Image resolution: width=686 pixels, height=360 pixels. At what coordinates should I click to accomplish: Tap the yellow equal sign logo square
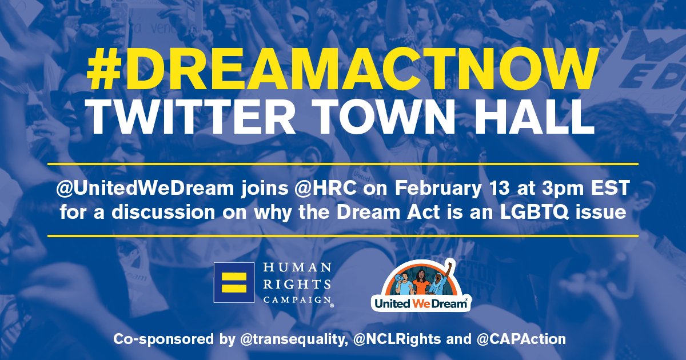click(234, 282)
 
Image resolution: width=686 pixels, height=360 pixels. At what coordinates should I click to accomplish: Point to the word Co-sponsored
click(157, 339)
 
